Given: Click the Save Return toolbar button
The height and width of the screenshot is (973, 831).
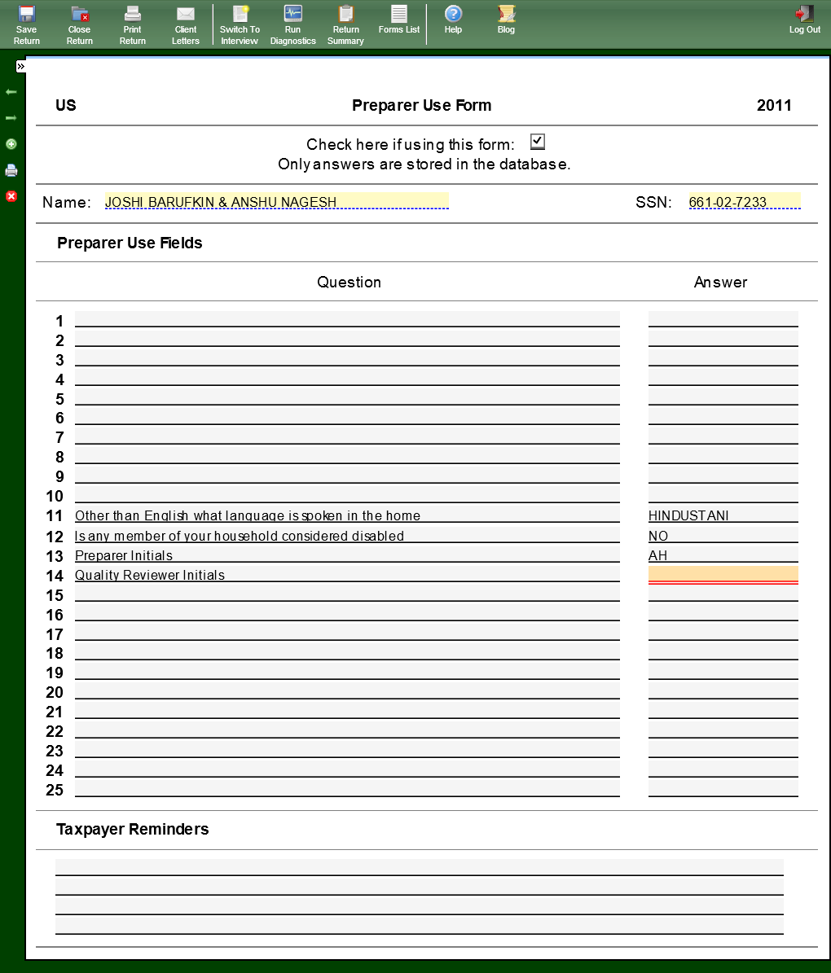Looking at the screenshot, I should [x=26, y=24].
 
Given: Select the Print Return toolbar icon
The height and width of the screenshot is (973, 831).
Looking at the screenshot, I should [x=132, y=24].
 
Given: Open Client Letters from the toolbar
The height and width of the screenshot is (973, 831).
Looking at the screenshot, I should [x=186, y=24].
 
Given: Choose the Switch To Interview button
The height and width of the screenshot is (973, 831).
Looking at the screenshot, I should [x=240, y=24].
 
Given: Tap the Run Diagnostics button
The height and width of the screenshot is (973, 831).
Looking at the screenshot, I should [x=292, y=24].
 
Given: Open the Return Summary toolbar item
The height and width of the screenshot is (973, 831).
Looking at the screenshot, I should [x=345, y=24].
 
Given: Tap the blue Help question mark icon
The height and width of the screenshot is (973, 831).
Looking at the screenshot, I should [x=453, y=15].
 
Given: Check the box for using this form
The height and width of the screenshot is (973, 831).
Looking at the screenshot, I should [x=537, y=142].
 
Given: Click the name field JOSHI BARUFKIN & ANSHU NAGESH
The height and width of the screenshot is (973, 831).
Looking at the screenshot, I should [x=276, y=201].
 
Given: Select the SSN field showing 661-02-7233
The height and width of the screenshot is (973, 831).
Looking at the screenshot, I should [x=744, y=201].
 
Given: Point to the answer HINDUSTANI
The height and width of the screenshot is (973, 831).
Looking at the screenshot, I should [x=688, y=515].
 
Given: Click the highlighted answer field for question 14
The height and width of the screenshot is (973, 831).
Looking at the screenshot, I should [x=723, y=574].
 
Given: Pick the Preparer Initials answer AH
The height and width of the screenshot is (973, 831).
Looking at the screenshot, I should [x=658, y=555].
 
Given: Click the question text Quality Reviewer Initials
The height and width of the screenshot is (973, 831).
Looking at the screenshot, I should [x=150, y=575].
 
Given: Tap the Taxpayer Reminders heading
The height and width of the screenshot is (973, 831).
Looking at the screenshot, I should [x=133, y=829].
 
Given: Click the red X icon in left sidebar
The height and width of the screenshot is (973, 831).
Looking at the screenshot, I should [x=11, y=196].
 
